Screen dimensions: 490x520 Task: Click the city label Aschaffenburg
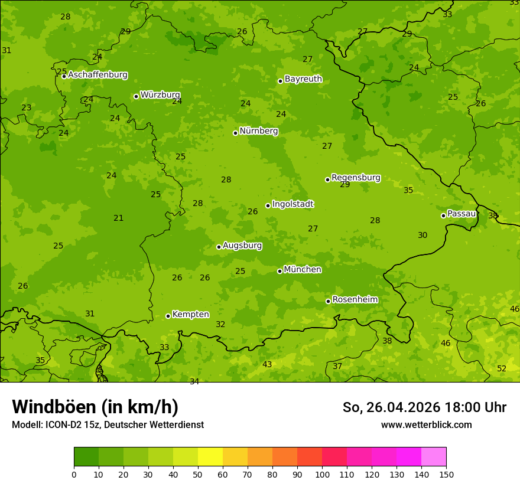[x=97, y=75]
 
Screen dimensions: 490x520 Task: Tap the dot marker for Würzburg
[x=136, y=96]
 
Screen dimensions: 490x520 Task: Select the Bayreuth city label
[x=303, y=79]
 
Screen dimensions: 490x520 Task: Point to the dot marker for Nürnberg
[x=235, y=133]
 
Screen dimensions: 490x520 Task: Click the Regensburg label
[x=356, y=177]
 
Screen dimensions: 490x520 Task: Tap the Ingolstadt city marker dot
[x=268, y=205]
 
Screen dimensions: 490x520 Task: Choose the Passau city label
[x=461, y=213]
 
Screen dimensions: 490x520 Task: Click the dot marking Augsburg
[x=219, y=247]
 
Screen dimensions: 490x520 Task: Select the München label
[x=303, y=269]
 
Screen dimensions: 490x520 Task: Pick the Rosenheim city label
[x=355, y=299]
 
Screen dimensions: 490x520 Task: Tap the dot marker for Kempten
[x=168, y=316]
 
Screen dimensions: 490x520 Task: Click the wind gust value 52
[x=502, y=368]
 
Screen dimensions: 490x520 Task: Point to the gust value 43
[x=267, y=364]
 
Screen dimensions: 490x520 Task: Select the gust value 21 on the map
[x=119, y=218]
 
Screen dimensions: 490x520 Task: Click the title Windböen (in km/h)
[x=95, y=407]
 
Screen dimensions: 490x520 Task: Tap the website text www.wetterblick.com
[x=426, y=424]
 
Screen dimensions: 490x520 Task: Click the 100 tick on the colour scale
[x=322, y=474]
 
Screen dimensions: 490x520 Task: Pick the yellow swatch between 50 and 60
[x=210, y=457]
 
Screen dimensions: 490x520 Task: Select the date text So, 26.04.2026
[x=391, y=407]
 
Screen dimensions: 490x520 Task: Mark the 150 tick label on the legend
[x=446, y=474]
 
